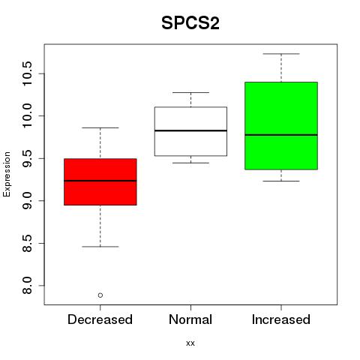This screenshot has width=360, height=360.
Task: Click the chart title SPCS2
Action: tap(190, 23)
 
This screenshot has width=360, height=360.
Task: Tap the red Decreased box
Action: tap(100, 181)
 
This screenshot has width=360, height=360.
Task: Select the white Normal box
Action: tap(190, 131)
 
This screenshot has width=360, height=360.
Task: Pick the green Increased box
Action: tap(281, 126)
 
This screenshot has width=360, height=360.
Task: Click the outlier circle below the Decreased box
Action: tap(100, 295)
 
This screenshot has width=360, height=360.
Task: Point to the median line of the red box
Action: tap(100, 181)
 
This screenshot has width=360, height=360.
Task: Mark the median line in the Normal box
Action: tap(190, 130)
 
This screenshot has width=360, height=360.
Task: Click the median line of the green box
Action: tap(281, 135)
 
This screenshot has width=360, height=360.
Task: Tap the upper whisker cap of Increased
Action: tap(281, 54)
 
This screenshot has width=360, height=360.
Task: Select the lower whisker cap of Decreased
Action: tap(100, 247)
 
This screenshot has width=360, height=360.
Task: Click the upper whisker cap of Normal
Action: tap(190, 92)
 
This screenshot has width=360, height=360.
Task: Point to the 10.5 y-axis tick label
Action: tap(27, 73)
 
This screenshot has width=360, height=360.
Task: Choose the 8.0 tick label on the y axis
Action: tap(27, 286)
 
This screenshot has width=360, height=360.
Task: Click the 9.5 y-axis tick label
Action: tap(27, 158)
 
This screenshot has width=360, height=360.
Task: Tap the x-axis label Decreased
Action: tap(100, 319)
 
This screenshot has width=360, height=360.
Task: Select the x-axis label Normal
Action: tap(190, 319)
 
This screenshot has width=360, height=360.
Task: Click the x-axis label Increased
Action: tap(281, 319)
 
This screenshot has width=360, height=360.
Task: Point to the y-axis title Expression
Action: tap(7, 174)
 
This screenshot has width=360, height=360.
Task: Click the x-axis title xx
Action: tap(190, 343)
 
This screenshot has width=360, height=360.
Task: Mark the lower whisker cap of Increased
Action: tap(281, 181)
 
